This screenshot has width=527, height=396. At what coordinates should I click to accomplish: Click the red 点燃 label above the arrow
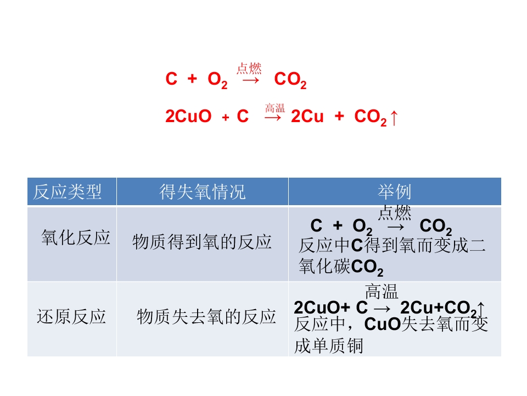249,68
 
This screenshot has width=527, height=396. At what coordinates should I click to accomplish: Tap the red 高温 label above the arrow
275,108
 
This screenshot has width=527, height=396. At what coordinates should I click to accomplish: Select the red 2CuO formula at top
188,116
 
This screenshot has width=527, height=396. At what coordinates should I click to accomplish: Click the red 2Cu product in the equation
307,116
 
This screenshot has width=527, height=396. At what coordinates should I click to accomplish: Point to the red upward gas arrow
394,118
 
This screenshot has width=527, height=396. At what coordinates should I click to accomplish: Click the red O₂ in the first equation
217,80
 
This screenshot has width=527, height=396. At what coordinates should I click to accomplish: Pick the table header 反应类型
67,192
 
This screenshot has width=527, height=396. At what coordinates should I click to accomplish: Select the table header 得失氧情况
203,192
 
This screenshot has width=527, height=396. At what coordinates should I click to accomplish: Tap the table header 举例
395,192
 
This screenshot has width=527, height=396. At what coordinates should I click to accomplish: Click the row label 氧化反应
76,238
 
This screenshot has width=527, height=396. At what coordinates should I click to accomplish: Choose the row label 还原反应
71,317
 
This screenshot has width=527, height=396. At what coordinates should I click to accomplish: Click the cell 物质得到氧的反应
202,242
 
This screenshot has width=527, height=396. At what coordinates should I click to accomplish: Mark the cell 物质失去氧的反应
206,317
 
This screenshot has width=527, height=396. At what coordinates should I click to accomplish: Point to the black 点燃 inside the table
395,212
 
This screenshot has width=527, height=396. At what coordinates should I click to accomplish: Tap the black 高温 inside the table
382,291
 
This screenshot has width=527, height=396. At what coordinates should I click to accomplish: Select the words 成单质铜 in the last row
329,346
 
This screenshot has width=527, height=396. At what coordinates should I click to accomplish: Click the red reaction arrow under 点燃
251,80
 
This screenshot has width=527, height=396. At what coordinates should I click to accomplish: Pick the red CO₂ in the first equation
290,80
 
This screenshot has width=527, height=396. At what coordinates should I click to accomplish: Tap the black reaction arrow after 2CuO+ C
382,309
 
